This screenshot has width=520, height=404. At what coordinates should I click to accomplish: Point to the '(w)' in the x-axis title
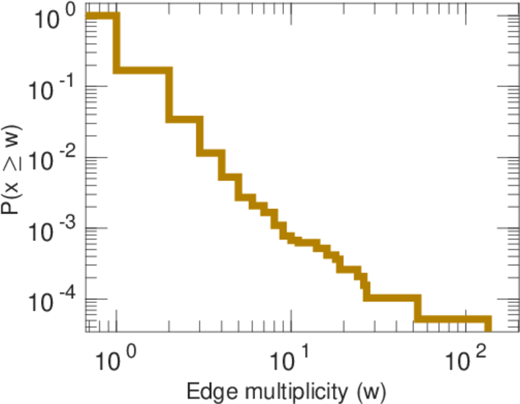pos(370,391)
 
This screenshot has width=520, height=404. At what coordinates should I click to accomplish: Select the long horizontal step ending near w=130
pos(453,320)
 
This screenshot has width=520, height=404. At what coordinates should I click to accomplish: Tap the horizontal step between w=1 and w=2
pos(143,70)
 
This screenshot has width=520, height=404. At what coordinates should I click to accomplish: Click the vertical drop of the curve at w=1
pos(116,43)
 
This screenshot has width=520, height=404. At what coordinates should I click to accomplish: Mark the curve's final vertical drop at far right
pos(488,326)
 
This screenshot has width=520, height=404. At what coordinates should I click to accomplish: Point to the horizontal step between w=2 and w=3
pos(184,119)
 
